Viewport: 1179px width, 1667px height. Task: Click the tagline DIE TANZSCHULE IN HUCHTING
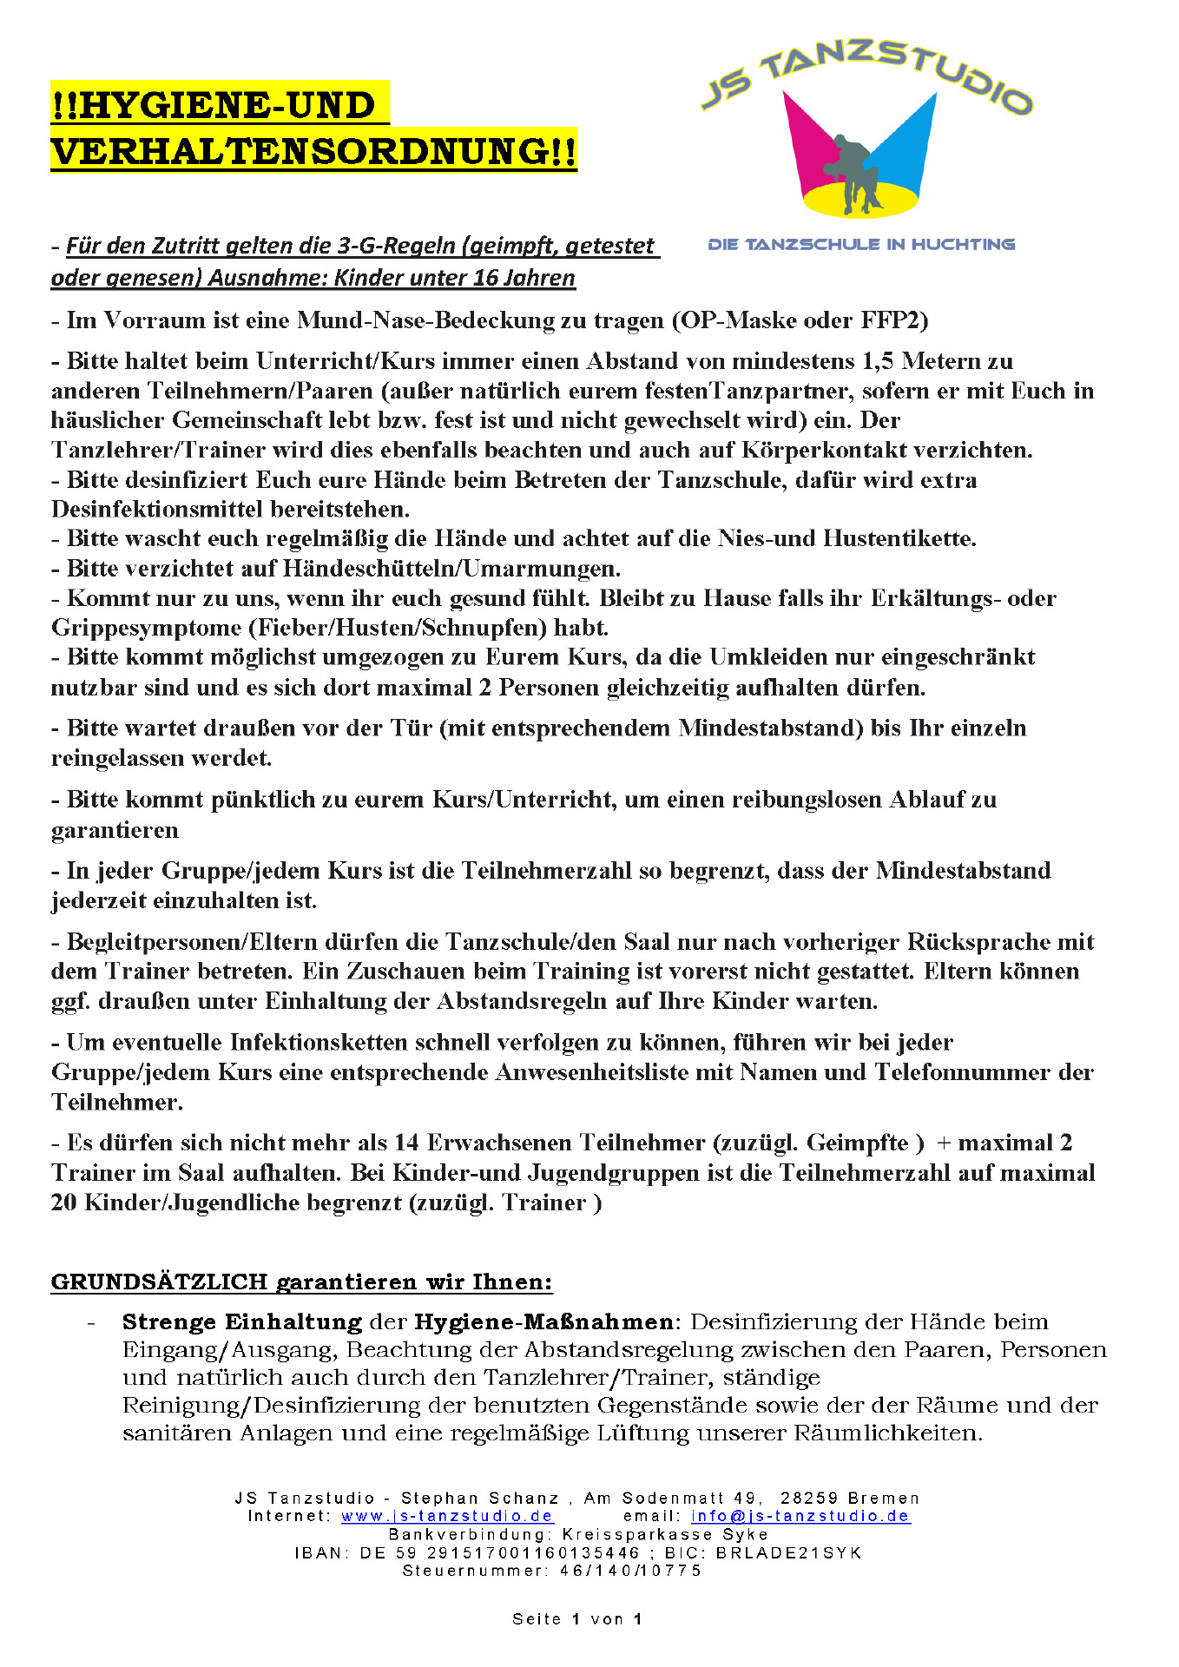pos(861,244)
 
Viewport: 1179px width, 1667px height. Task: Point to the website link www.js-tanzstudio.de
pos(447,1516)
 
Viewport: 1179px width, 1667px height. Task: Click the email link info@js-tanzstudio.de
pos(800,1516)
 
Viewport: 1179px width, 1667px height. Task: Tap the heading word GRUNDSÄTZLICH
pos(159,1282)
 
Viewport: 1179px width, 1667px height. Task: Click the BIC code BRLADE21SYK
pos(788,1552)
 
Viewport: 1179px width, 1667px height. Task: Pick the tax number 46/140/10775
pos(630,1571)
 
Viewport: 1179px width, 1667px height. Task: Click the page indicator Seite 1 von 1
pos(576,1619)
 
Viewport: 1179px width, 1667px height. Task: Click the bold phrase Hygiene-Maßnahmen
pos(543,1322)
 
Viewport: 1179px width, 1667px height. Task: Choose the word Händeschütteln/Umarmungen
pos(451,569)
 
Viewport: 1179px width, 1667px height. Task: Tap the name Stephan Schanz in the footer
pos(479,1498)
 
